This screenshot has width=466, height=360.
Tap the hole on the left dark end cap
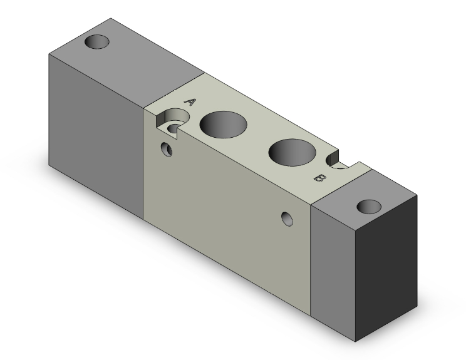coord(98,42)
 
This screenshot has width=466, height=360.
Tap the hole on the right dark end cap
coord(369,206)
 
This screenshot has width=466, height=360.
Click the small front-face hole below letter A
coord(167,149)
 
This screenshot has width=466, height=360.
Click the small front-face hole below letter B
coord(287,218)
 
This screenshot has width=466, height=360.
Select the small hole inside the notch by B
coord(341,168)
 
